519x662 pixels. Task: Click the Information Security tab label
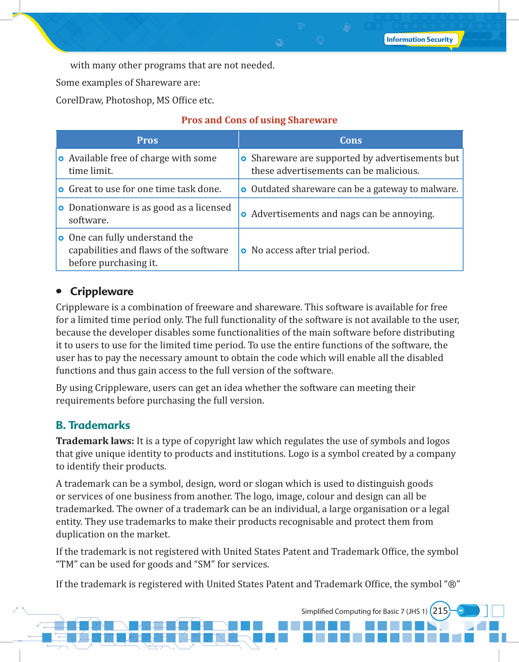[x=419, y=39]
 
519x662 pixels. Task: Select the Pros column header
[x=147, y=140]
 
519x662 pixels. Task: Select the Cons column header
[x=351, y=140]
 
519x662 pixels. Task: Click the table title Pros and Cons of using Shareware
[x=259, y=120]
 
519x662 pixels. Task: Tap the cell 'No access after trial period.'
[x=310, y=250]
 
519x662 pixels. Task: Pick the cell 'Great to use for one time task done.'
[x=145, y=189]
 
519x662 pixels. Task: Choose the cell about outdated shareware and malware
[x=354, y=189]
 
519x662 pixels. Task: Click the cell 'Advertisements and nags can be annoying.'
[x=342, y=214]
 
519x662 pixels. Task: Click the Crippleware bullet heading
[x=102, y=291]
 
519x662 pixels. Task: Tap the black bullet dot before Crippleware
[x=59, y=291]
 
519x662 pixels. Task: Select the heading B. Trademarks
[x=93, y=425]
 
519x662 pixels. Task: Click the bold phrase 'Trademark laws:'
[x=95, y=441]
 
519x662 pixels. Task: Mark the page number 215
[x=440, y=611]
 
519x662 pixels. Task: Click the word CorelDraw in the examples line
[x=79, y=100]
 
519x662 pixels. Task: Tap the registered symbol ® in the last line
[x=452, y=584]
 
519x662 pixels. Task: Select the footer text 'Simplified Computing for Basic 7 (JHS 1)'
[x=364, y=611]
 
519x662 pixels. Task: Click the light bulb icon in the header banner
[x=320, y=41]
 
